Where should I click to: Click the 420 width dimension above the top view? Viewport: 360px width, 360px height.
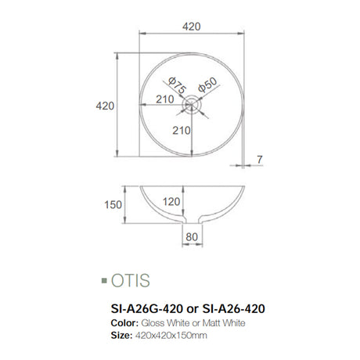point(192,26)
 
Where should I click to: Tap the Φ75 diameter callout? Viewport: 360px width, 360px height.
point(176,85)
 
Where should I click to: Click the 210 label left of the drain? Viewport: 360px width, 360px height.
point(164,99)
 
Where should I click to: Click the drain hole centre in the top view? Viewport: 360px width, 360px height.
point(192,103)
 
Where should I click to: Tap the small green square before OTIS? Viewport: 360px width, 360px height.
point(105,279)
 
